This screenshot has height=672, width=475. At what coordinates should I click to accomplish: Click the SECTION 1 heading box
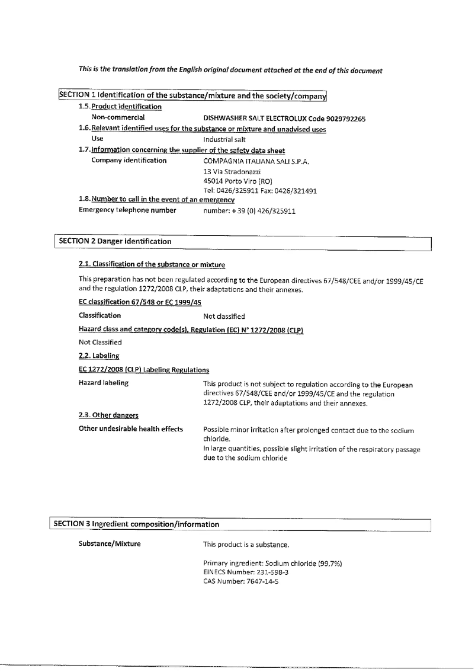click(192, 95)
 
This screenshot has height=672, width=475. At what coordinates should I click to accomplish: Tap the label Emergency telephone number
click(127, 210)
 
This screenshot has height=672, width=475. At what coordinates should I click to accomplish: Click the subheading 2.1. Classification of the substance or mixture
click(152, 264)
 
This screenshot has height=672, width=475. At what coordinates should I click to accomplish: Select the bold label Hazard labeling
click(104, 383)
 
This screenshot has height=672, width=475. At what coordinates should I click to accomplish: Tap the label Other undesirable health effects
click(131, 429)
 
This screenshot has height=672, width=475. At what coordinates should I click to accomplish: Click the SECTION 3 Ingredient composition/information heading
click(136, 524)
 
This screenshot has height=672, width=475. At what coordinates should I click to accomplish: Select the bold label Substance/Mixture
click(110, 544)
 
